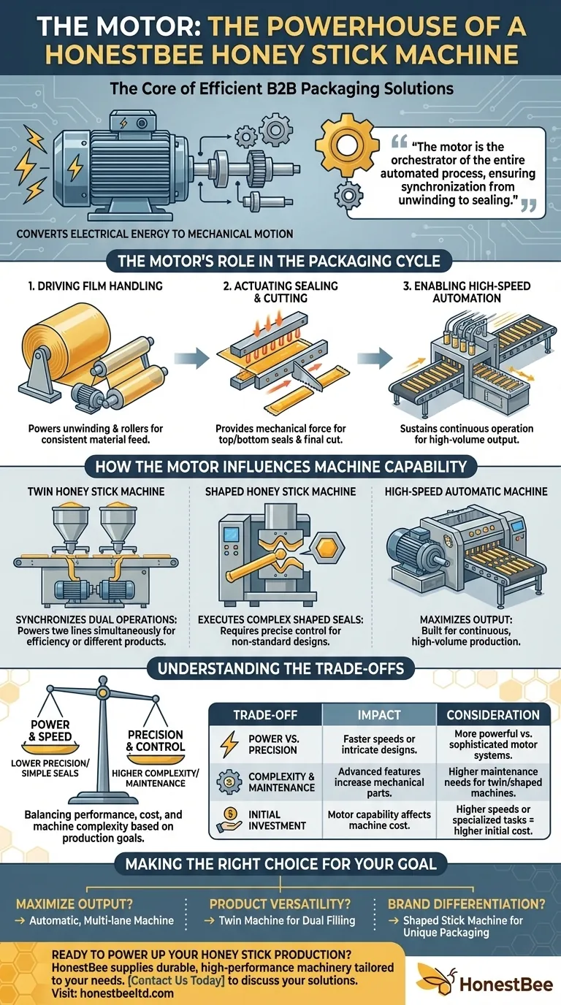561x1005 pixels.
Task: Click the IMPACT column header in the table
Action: point(379,715)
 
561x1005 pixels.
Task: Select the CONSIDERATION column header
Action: point(493,715)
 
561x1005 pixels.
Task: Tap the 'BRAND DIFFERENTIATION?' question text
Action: point(467,903)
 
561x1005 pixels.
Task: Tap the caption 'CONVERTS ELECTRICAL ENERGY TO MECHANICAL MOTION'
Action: point(148,234)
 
